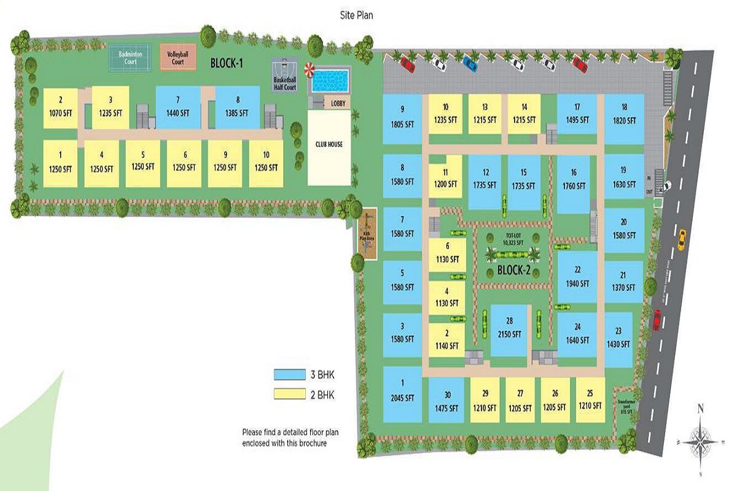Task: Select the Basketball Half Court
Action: (x=285, y=78)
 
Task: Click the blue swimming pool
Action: (x=330, y=81)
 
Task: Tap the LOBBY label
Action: (x=337, y=104)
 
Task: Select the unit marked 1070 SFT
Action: (x=60, y=108)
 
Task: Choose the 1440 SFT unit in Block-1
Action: (x=177, y=107)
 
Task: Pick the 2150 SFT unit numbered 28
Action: (x=509, y=330)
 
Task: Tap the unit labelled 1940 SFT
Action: (x=577, y=277)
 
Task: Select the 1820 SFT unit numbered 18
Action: (x=623, y=115)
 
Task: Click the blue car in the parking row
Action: (x=470, y=63)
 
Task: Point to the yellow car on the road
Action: (x=680, y=239)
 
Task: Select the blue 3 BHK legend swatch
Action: (x=289, y=374)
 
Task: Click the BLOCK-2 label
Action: (x=513, y=271)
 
